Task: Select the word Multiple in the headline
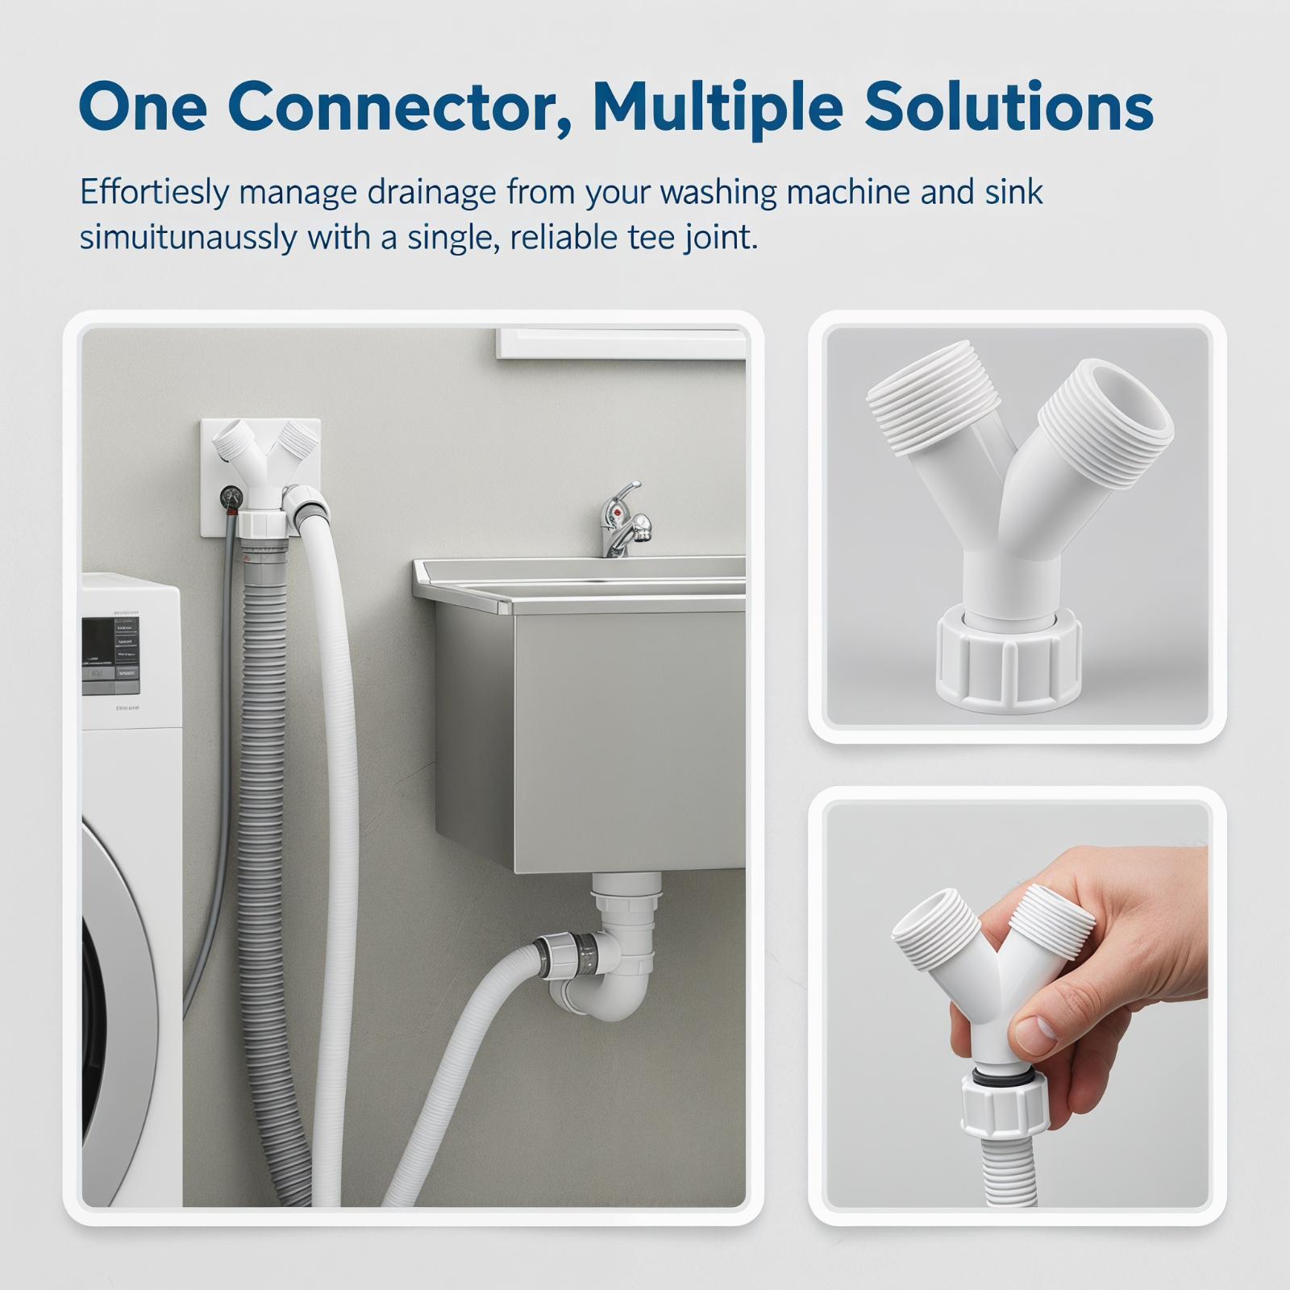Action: click(718, 109)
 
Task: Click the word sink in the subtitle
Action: click(1013, 192)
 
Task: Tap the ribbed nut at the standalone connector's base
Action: click(1009, 662)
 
